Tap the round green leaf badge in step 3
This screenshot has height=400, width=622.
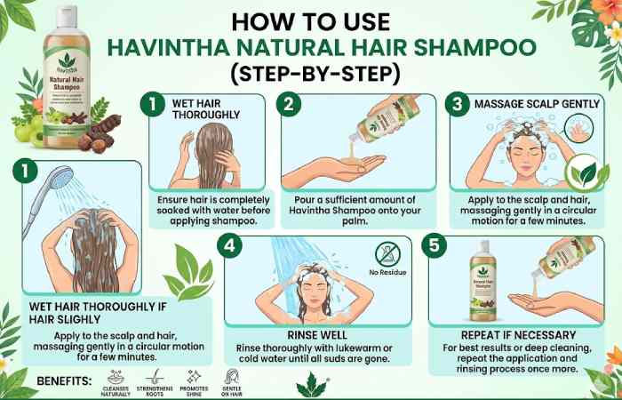tap(584, 172)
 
